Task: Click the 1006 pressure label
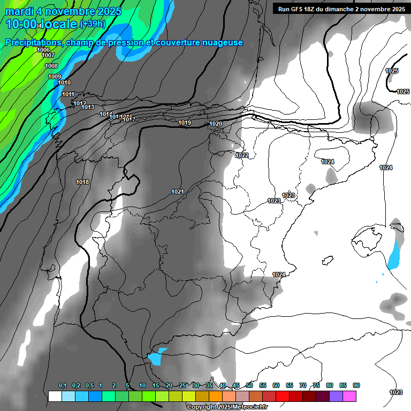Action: click(43, 50)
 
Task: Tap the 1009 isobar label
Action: click(55, 77)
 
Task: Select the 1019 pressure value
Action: click(185, 123)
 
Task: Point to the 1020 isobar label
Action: click(216, 124)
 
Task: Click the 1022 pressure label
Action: click(242, 155)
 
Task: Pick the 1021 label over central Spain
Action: click(178, 192)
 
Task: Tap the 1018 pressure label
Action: click(82, 182)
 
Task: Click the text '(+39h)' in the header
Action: click(93, 24)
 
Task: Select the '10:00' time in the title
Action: click(21, 24)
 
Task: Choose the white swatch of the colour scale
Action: click(55, 396)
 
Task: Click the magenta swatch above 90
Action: click(350, 396)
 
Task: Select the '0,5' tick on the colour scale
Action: click(89, 385)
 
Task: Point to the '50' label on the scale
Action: click(249, 385)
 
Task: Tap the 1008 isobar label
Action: click(51, 66)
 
